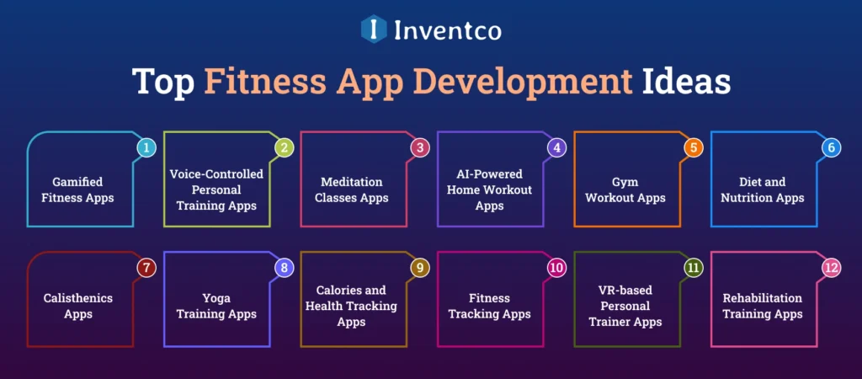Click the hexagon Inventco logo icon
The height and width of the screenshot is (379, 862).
[373, 29]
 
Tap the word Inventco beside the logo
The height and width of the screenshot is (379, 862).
[448, 30]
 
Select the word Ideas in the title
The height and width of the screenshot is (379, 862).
[687, 83]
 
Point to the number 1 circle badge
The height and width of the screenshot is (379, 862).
[146, 147]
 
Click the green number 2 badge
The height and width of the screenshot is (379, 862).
[284, 147]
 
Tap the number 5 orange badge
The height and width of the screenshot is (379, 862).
[693, 147]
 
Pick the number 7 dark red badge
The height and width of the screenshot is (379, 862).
[146, 269]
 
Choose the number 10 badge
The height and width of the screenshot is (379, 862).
[556, 269]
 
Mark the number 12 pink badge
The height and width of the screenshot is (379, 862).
[830, 269]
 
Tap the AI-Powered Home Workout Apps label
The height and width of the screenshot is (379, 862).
[489, 189]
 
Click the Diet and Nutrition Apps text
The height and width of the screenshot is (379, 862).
[763, 189]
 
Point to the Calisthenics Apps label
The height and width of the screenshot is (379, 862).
[77, 306]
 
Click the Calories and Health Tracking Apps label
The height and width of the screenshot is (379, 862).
[352, 306]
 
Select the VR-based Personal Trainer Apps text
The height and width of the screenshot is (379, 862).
[625, 306]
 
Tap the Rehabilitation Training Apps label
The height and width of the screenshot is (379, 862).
[763, 306]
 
